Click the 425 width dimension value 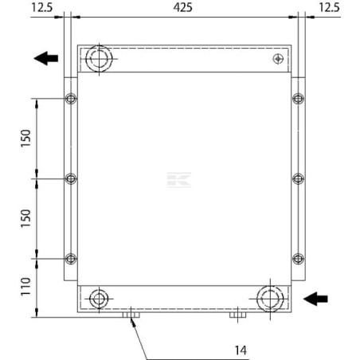[182, 7]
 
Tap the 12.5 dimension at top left [42, 7]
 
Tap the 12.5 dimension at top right [329, 7]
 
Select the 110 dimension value [25, 287]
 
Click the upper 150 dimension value [25, 138]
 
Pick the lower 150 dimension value [25, 218]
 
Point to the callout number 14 [241, 350]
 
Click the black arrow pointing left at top [46, 58]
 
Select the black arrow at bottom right [315, 299]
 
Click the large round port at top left [99, 59]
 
